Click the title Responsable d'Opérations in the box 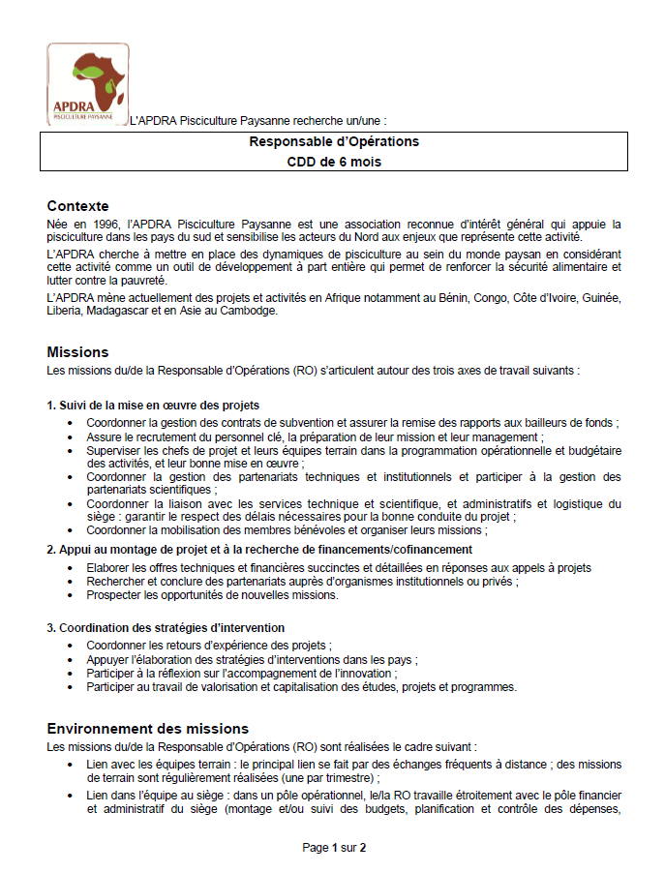333,141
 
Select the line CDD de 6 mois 333,162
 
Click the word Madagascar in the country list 120,312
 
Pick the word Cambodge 251,312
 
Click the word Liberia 64,312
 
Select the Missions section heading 77,352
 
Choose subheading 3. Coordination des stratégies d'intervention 166,628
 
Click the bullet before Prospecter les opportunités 73,595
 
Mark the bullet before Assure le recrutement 73,437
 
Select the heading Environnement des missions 147,729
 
